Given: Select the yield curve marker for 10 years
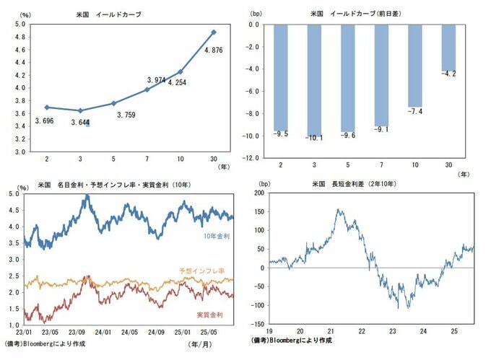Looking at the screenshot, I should pos(181,71).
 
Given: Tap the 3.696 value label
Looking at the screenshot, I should pos(47,120).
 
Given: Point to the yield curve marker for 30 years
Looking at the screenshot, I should pos(214,32).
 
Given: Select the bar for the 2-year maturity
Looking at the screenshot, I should pos(282,77).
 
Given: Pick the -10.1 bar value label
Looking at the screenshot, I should pos(315,138).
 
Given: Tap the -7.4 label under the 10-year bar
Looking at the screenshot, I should pos(414,112).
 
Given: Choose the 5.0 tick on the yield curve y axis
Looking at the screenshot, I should pos(22,25).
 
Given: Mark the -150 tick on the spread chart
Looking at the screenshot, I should pos(256,324).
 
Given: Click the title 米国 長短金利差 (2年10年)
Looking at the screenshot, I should pos(354,185).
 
